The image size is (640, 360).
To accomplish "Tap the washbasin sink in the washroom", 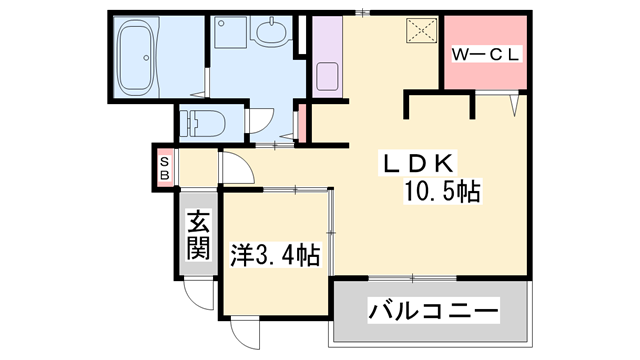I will point(270,39).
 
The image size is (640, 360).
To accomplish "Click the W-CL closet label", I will point(486,55).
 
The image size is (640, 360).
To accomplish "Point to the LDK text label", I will point(418,163).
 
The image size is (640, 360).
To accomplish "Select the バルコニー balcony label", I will point(433,312).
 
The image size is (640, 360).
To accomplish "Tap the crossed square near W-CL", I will point(417,31).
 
